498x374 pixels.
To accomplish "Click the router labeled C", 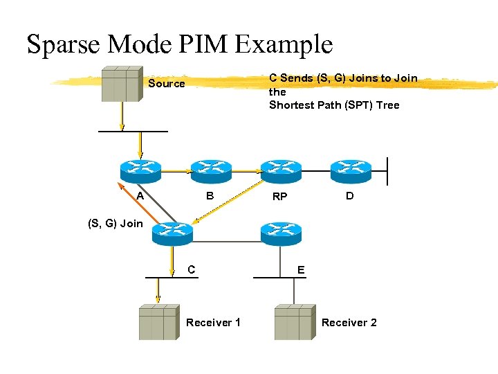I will pos(173,234).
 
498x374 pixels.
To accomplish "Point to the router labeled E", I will pos(281,234).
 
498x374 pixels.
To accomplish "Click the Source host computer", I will pos(122,84).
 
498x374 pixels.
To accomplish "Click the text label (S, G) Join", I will pos(115,223).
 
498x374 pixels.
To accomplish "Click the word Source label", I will pos(167,84).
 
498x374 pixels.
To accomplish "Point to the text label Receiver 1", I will pos(213,322).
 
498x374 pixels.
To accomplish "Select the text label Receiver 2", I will pos(349,322).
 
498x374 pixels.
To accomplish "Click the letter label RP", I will pos(279,197).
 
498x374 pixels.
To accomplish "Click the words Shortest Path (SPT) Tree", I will pos(334,105).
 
